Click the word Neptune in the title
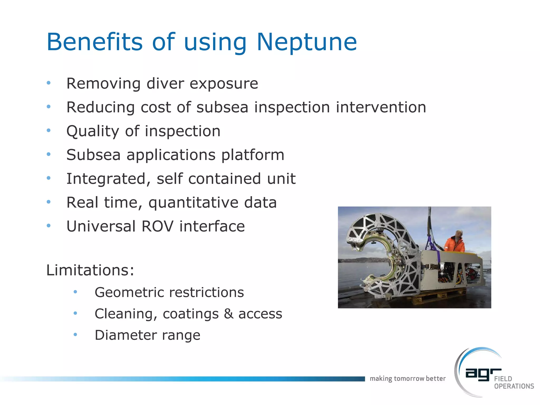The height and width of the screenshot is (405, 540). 307,42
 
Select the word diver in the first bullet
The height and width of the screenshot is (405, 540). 165,84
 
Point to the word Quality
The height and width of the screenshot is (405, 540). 93,131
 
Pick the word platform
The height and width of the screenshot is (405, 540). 253,155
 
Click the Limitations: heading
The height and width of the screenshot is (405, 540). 90,270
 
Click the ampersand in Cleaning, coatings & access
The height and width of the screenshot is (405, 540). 229,314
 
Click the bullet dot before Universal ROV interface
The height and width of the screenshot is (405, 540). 49,226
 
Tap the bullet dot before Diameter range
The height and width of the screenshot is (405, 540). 75,335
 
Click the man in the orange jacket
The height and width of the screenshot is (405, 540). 455,242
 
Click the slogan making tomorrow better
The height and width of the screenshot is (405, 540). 407,379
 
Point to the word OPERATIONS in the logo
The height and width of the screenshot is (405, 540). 514,386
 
